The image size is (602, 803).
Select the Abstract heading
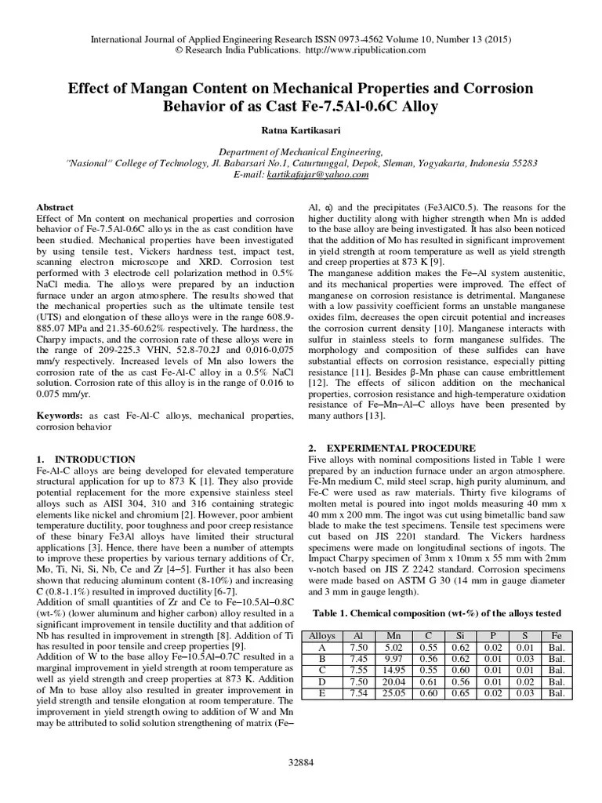tap(56, 207)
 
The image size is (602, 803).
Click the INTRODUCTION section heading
tap(85, 459)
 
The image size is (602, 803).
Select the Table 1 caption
tap(437, 612)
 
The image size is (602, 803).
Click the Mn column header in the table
tap(393, 637)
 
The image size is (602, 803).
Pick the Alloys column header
tap(322, 637)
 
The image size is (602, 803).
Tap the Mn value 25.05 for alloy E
tap(393, 692)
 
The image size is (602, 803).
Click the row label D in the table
tap(322, 681)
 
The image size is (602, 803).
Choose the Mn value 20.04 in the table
tap(393, 681)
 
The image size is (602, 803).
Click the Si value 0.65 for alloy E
tap(462, 692)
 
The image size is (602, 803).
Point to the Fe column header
tap(556, 637)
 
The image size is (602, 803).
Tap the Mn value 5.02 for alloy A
tap(393, 648)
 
